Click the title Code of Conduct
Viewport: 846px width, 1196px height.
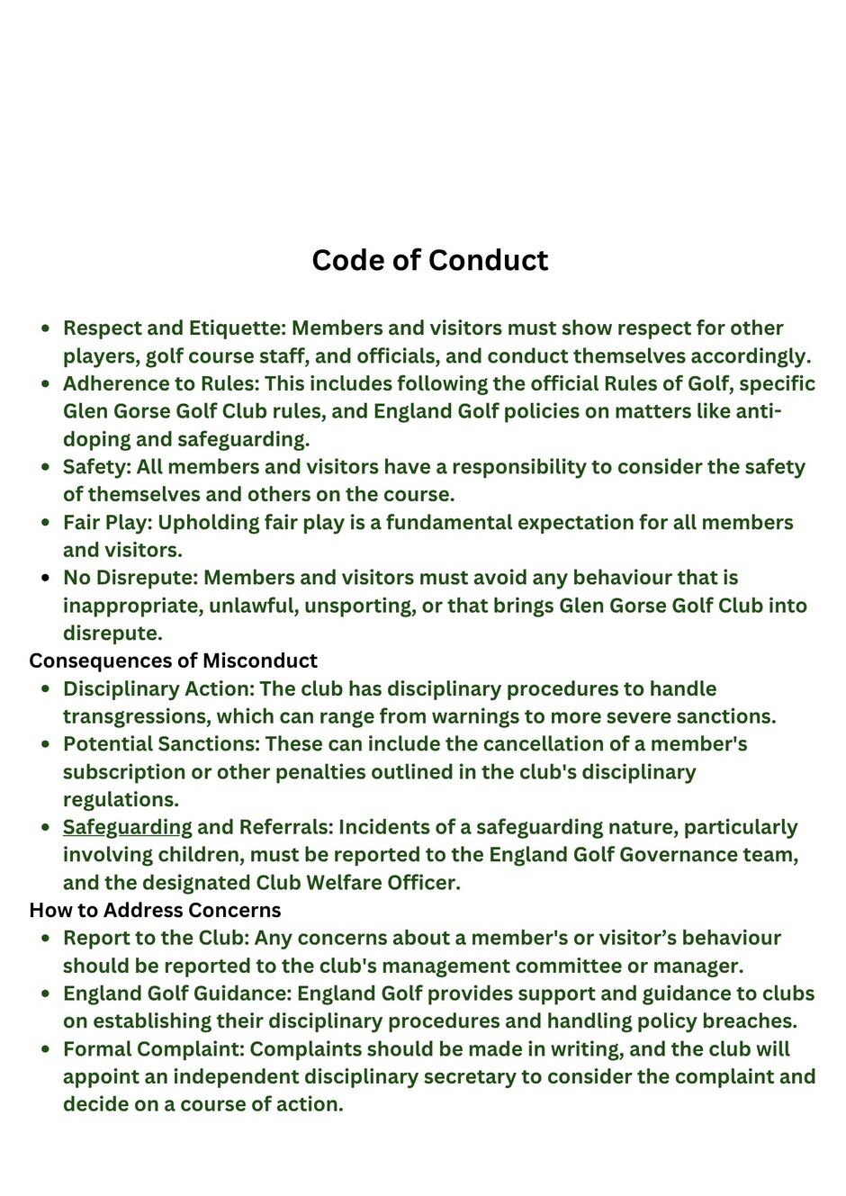click(x=429, y=260)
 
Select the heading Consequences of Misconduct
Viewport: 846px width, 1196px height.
click(x=173, y=661)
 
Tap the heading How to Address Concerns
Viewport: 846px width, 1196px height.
click(x=155, y=910)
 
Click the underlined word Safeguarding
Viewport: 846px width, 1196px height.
click(x=127, y=827)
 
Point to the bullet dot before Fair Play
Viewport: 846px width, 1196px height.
click(x=45, y=523)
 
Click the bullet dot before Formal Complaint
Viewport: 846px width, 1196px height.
click(x=45, y=1049)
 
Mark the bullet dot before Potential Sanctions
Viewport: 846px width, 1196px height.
click(x=45, y=744)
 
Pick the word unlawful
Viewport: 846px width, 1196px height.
click(x=252, y=606)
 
